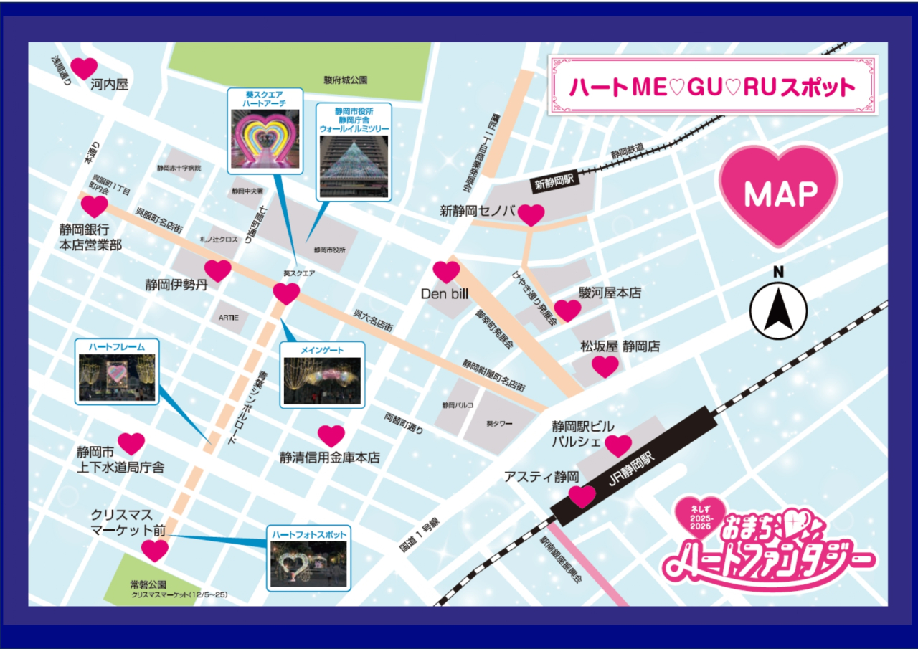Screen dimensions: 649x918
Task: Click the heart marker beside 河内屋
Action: [84, 68]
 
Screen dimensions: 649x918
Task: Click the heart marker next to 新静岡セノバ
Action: [531, 214]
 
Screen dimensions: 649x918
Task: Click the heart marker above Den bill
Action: [446, 271]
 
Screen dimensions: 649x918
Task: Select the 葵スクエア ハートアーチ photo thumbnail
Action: [264, 142]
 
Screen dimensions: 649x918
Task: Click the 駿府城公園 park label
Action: [345, 80]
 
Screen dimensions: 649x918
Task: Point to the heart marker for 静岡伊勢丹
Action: [218, 270]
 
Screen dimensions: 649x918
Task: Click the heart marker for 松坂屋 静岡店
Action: [605, 366]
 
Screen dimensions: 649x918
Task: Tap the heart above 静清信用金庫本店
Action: [331, 435]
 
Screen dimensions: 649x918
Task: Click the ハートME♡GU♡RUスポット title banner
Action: [712, 87]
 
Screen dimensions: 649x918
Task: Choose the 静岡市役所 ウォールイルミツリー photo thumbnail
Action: [354, 166]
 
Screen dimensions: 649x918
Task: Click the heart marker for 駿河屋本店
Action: [567, 310]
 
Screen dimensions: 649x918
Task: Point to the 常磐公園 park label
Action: [148, 584]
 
